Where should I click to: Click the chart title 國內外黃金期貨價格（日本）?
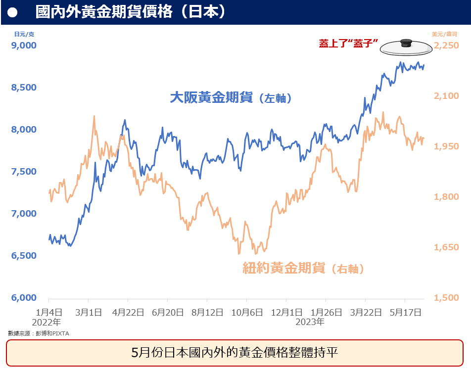131,12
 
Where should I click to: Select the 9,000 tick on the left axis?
23,46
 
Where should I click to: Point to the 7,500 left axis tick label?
23,172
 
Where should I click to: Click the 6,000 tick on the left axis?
23,298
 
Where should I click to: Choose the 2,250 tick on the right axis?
447,46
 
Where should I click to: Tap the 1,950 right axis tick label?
447,146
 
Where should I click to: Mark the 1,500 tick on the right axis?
447,298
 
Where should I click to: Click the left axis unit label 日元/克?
24,34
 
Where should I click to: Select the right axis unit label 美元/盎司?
445,34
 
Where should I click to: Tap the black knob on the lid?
407,42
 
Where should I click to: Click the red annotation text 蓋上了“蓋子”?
349,44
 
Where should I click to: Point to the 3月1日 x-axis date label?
89,313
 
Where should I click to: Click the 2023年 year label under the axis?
310,322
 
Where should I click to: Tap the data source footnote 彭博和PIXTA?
39,333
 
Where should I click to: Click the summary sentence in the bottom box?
235,353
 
